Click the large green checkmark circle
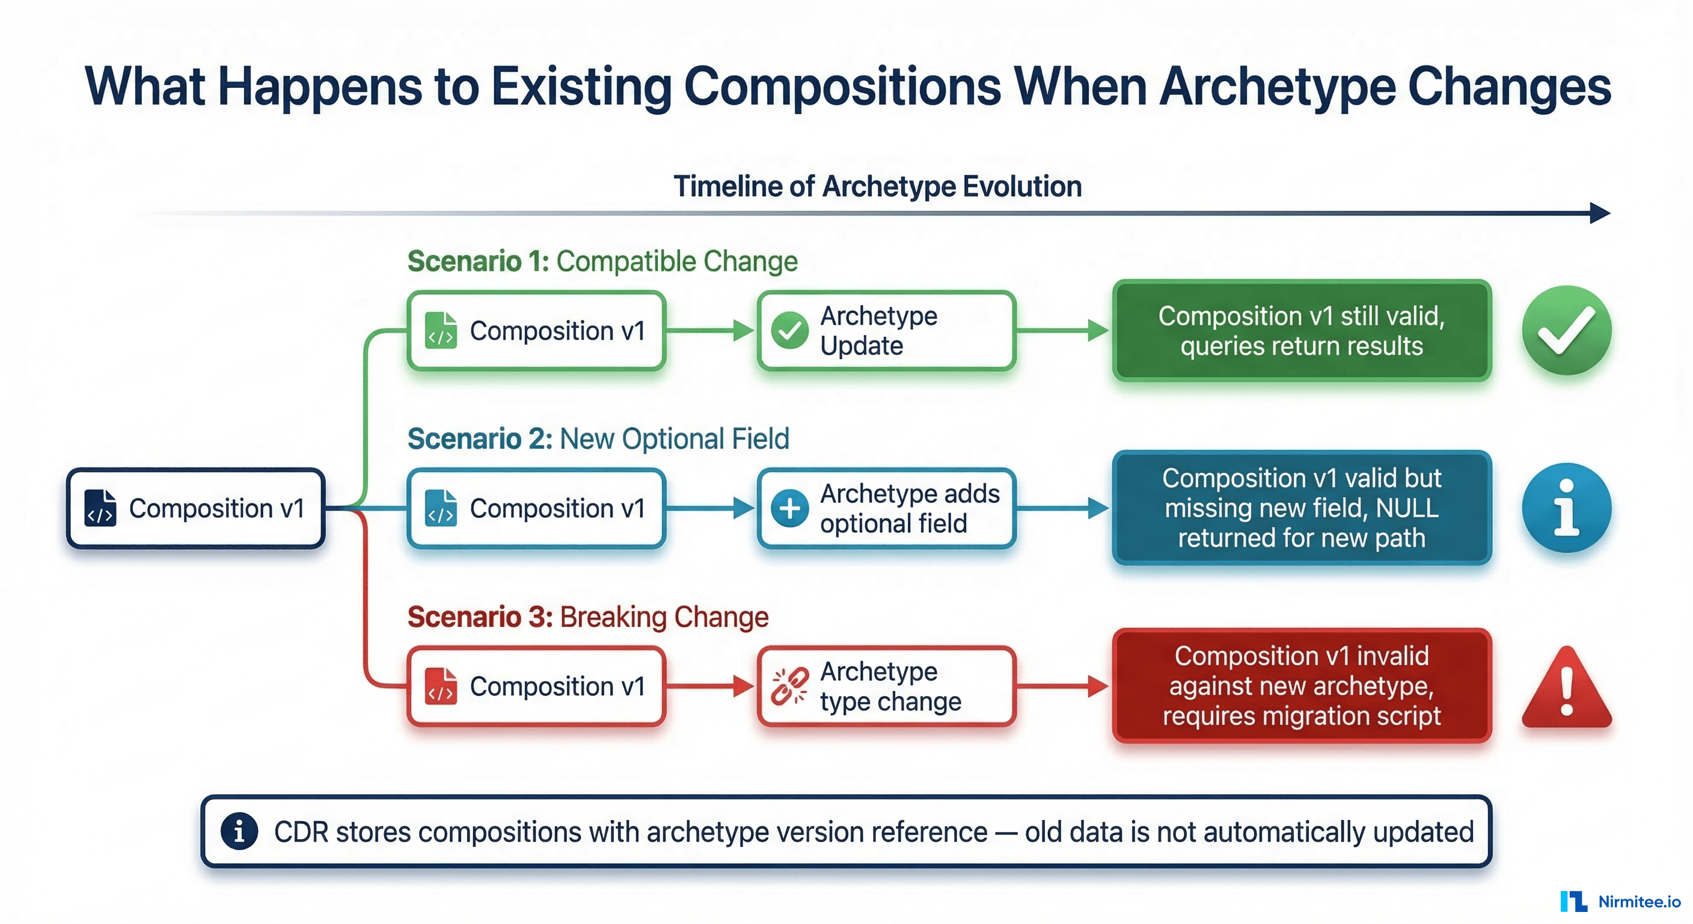1566,330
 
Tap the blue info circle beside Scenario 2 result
1566,508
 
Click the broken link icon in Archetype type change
789,686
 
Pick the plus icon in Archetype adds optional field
789,508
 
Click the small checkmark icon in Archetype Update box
789,330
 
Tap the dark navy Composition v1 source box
196,508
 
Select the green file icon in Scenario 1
440,330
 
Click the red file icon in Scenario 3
440,686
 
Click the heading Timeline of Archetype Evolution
877,186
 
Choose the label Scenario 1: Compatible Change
602,261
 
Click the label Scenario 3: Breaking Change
587,617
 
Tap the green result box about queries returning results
1301,331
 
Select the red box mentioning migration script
1301,686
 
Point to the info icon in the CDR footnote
239,831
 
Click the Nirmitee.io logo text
1638,902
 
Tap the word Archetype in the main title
1276,87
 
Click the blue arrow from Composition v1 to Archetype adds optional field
710,508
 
